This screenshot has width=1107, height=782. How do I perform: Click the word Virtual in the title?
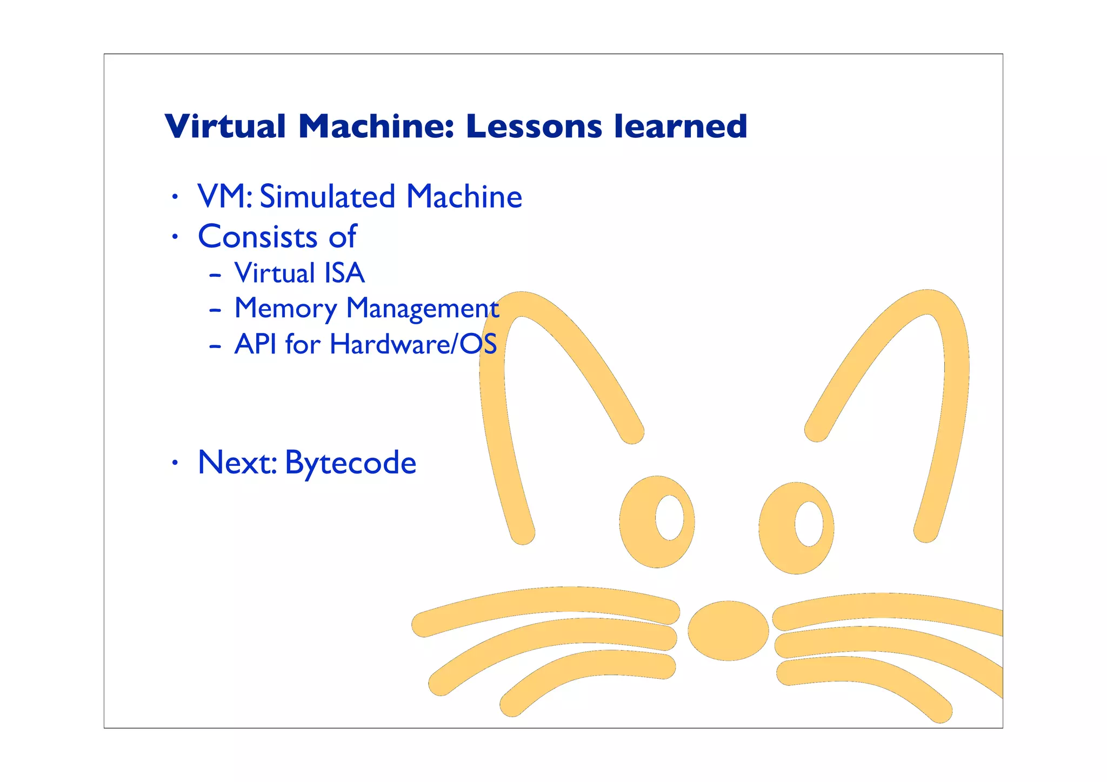pos(225,126)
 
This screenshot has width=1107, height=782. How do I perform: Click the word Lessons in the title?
pos(534,126)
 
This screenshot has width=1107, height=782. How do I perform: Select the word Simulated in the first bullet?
pos(328,197)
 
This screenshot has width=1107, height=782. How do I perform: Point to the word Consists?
pos(258,237)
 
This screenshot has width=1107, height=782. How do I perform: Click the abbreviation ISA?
pos(343,273)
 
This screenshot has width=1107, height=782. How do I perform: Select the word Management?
pos(422,309)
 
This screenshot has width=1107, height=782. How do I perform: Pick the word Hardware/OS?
pos(413,344)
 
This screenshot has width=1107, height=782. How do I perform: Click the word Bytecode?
pos(350,463)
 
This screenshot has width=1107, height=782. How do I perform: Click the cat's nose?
pos(728,631)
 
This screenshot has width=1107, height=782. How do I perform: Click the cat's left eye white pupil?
pos(669,517)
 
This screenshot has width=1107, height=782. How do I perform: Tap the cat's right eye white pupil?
pos(809,524)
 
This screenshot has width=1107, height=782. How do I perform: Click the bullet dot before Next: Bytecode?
pos(174,463)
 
